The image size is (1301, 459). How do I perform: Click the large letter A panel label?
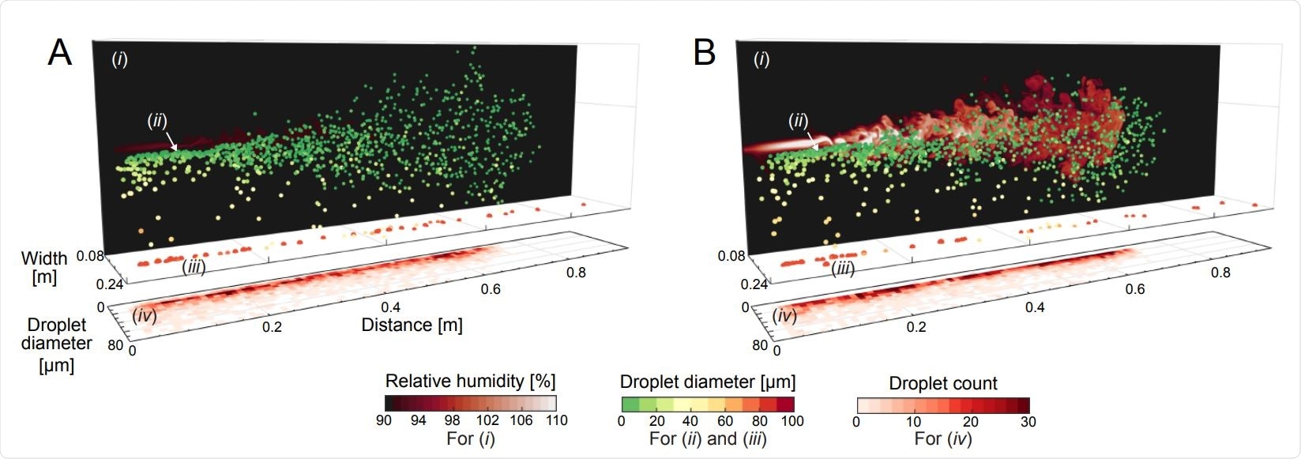[x=60, y=53]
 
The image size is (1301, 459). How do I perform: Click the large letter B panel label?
[x=704, y=53]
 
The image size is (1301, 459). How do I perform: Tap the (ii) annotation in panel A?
[x=157, y=121]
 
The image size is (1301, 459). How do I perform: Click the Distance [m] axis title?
[x=412, y=325]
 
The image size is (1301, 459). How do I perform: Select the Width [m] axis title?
[x=44, y=268]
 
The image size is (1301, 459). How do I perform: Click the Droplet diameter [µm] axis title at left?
[x=57, y=344]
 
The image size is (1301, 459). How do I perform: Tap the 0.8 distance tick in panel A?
[x=577, y=273]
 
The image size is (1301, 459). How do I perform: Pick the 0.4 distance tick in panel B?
[x=1035, y=307]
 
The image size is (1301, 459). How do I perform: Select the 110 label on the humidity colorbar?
[x=556, y=420]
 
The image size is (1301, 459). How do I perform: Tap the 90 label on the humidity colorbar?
[x=385, y=420]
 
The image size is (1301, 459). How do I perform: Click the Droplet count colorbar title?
[x=943, y=383]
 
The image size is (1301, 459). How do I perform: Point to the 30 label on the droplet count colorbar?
[x=1028, y=421]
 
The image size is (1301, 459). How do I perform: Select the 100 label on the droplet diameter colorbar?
[x=792, y=420]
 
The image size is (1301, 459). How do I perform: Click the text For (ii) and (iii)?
[x=708, y=438]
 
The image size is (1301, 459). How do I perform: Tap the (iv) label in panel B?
[x=785, y=316]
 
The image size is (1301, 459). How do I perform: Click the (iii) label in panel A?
[x=194, y=267]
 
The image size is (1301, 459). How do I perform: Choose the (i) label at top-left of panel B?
[x=761, y=59]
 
